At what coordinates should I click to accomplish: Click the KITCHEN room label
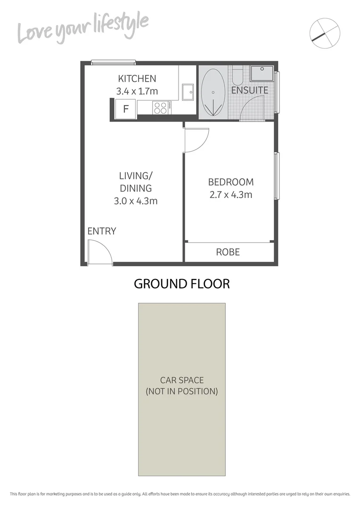pyautogui.click(x=137, y=79)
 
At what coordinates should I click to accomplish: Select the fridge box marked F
pyautogui.click(x=126, y=109)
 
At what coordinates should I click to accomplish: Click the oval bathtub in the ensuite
pyautogui.click(x=213, y=93)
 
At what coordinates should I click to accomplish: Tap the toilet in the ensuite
pyautogui.click(x=237, y=75)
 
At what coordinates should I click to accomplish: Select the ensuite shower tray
pyautogui.click(x=262, y=74)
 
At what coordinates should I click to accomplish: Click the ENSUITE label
pyautogui.click(x=249, y=90)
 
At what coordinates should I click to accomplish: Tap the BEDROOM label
pyautogui.click(x=231, y=182)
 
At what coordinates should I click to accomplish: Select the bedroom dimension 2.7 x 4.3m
pyautogui.click(x=231, y=194)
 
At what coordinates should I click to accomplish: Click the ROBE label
pyautogui.click(x=228, y=252)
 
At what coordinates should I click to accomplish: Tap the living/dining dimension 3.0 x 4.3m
pyautogui.click(x=135, y=201)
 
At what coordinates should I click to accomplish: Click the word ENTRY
pyautogui.click(x=101, y=231)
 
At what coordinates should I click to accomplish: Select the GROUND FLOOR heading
pyautogui.click(x=182, y=284)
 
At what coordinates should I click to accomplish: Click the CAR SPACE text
pyautogui.click(x=182, y=380)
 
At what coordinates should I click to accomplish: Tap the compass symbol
pyautogui.click(x=325, y=33)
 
